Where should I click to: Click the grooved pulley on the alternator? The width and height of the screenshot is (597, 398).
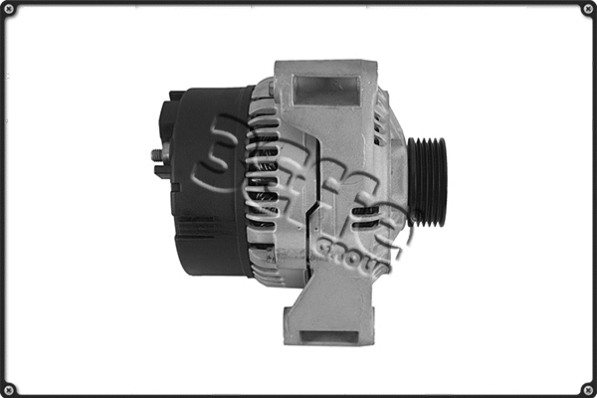pyautogui.click(x=427, y=182)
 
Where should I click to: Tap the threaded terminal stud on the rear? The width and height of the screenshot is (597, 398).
pyautogui.click(x=157, y=155)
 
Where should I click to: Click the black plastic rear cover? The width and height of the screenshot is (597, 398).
pyautogui.click(x=214, y=179)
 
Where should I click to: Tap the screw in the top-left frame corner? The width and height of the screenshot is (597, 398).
pyautogui.click(x=10, y=10)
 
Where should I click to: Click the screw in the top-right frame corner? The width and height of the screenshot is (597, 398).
pyautogui.click(x=586, y=10)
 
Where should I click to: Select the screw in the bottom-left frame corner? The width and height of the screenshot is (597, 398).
pyautogui.click(x=10, y=387)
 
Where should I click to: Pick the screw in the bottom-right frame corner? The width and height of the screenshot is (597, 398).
pyautogui.click(x=586, y=387)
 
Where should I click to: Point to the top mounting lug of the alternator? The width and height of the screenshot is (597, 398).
pyautogui.click(x=325, y=85)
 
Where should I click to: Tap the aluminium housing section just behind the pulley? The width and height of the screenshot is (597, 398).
pyautogui.click(x=394, y=184)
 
